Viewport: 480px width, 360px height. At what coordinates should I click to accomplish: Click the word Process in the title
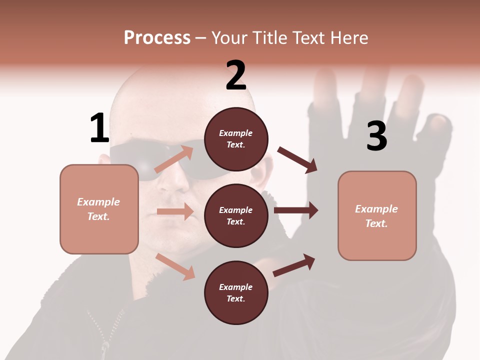(x=157, y=38)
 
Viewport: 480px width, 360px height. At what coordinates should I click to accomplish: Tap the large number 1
(x=99, y=128)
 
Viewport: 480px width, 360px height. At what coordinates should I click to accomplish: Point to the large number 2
(x=236, y=75)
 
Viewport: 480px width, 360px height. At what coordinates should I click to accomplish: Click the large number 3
(x=376, y=136)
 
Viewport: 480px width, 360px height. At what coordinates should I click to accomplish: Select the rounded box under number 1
(x=99, y=209)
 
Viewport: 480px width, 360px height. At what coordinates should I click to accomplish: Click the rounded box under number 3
(x=377, y=215)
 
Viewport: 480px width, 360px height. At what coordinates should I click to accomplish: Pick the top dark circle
(x=236, y=139)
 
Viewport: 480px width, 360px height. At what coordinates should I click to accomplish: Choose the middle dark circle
(x=236, y=215)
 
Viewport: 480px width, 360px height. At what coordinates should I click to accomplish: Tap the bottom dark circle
(x=236, y=292)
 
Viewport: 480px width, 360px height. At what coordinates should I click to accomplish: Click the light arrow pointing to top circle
(x=174, y=159)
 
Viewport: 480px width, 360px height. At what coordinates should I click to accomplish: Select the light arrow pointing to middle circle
(x=175, y=211)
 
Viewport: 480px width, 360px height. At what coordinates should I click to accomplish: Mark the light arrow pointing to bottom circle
(x=175, y=266)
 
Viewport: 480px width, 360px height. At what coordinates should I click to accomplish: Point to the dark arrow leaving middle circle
(x=296, y=210)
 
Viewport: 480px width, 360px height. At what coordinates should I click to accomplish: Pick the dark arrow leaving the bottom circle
(x=294, y=265)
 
